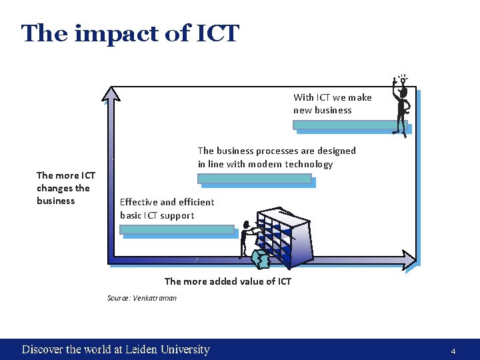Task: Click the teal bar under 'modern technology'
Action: (254, 178)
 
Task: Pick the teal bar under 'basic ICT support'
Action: (177, 229)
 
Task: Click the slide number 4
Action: (453, 351)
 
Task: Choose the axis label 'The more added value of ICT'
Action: (227, 281)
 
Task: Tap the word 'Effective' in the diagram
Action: (138, 202)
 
